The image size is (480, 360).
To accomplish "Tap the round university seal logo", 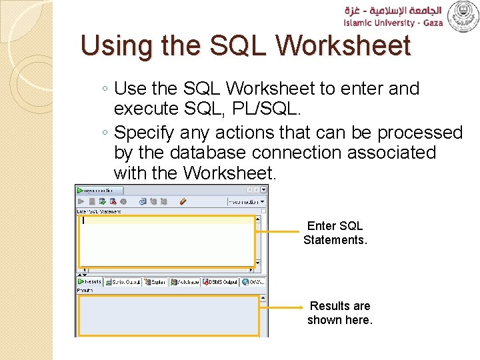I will coord(462,17).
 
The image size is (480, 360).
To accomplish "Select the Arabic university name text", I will coord(392,10).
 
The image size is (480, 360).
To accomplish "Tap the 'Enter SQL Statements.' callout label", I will coord(335,233).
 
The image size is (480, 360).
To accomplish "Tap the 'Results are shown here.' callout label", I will coord(339,313).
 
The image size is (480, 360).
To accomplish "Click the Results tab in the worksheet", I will coord(91,281).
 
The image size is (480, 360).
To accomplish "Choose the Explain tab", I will coord(155,281).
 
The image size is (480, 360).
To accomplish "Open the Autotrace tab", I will coord(185,281).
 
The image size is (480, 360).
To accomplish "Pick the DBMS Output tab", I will coord(221,281).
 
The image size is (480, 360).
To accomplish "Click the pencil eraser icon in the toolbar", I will coord(183,201).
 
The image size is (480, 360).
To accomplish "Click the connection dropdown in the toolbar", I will coord(246,201).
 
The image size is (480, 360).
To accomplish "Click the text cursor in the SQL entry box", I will coord(83,220).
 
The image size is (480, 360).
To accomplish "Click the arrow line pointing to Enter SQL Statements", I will coord(277,231).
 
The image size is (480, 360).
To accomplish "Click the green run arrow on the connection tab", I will coord(80,190).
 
